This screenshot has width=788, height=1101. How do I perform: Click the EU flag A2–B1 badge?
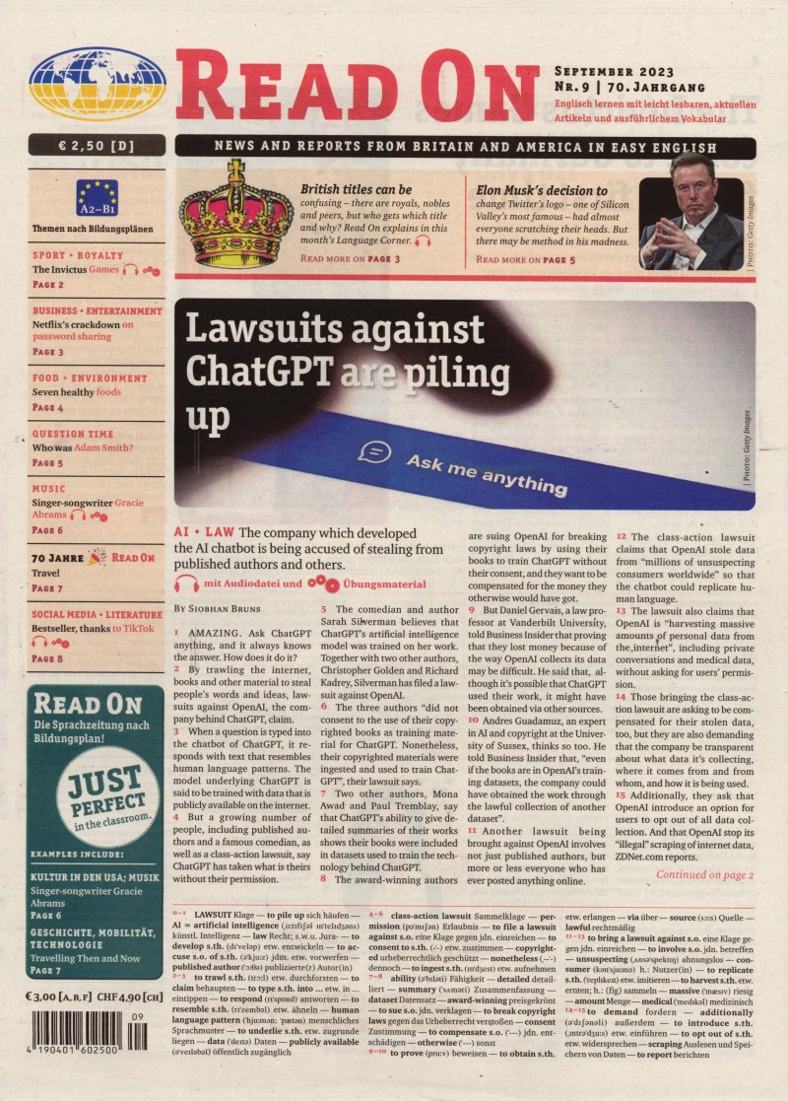click(97, 198)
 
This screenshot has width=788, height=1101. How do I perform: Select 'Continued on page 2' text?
click(704, 874)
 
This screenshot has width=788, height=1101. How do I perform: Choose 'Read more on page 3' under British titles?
click(350, 259)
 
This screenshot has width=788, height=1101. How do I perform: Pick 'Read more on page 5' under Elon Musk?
click(526, 260)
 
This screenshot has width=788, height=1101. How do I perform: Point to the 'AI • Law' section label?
click(203, 532)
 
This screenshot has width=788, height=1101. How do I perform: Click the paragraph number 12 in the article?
click(622, 535)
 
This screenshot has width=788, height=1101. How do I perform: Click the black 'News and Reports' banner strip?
click(465, 146)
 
